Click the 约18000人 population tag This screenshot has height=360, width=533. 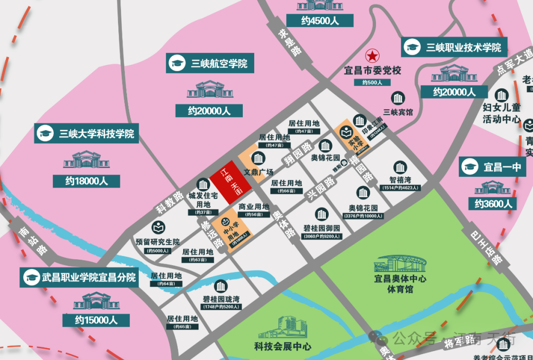coord(86,181)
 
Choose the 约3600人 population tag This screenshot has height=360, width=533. coord(494,203)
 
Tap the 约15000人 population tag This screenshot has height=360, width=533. coord(96,320)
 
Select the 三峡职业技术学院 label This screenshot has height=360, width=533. coord(454,47)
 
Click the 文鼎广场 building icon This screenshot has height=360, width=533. coord(258,159)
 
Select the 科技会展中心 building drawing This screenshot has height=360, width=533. coord(282,328)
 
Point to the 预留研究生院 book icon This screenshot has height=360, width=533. coord(158,229)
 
